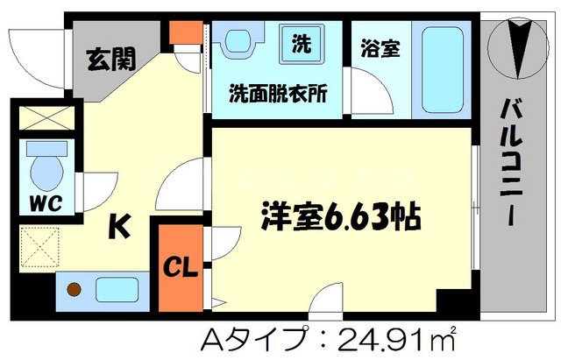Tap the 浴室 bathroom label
(x=380, y=49)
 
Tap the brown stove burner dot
(x=75, y=289)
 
